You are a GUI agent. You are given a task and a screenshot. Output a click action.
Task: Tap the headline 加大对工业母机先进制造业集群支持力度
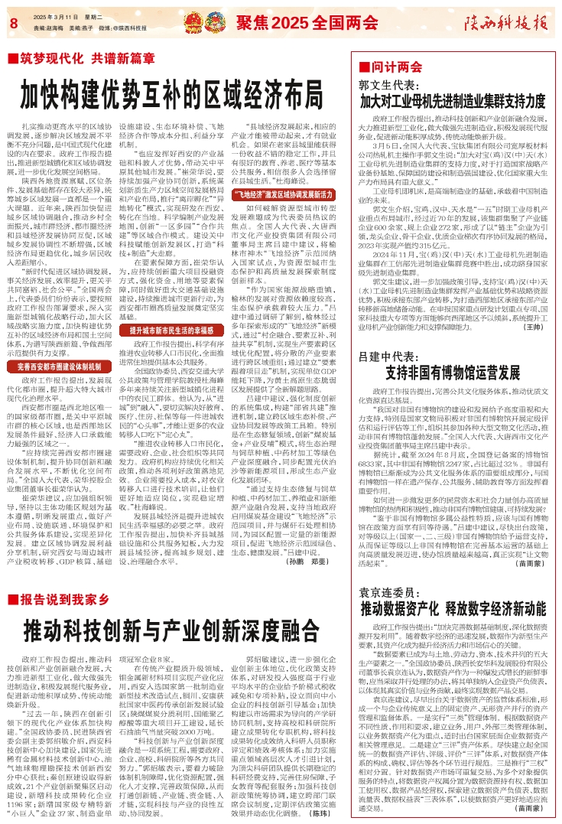tap(457, 101)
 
